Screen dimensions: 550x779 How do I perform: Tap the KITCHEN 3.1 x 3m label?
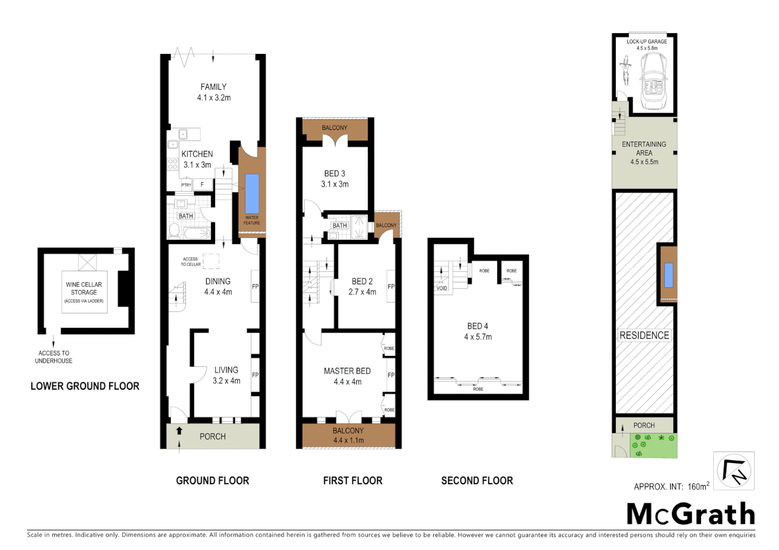pyautogui.click(x=197, y=159)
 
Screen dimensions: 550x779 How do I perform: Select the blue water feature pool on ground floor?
pyautogui.click(x=252, y=194)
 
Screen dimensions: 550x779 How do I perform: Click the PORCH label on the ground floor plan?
pyautogui.click(x=213, y=436)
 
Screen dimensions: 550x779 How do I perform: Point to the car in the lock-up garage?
pyautogui.click(x=653, y=81)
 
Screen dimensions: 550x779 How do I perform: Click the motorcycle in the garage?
pyautogui.click(x=625, y=71)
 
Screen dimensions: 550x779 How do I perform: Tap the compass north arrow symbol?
pyautogui.click(x=734, y=471)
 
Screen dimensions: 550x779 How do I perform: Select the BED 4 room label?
pyautogui.click(x=478, y=331)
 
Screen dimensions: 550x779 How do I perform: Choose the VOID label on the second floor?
pyautogui.click(x=442, y=288)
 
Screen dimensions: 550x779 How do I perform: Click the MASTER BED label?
pyautogui.click(x=347, y=376)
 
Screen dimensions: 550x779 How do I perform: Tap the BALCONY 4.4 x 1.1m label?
pyautogui.click(x=348, y=435)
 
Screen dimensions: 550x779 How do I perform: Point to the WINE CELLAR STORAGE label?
pyautogui.click(x=84, y=289)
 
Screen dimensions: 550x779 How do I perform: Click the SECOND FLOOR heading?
pyautogui.click(x=477, y=481)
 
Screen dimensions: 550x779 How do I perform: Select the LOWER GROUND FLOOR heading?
pyautogui.click(x=85, y=386)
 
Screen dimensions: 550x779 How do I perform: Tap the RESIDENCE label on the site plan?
pyautogui.click(x=644, y=335)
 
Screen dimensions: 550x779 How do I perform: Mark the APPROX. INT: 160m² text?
pyautogui.click(x=671, y=486)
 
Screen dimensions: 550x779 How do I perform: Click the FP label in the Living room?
pyautogui.click(x=255, y=375)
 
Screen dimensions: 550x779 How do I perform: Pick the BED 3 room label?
pyautogui.click(x=334, y=179)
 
